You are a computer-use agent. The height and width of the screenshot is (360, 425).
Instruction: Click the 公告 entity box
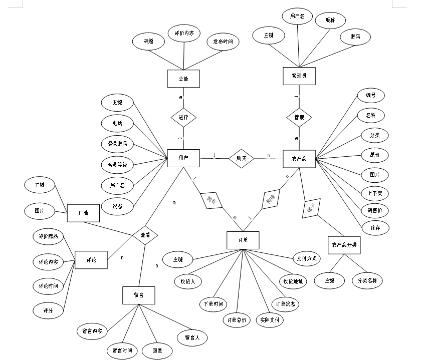tap(183, 79)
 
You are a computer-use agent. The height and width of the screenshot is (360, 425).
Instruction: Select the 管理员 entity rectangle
tap(299, 76)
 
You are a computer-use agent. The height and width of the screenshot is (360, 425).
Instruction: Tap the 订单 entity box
tap(243, 240)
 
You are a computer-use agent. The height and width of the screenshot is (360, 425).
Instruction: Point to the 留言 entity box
tap(139, 294)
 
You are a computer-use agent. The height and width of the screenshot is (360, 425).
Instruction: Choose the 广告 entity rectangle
tap(83, 213)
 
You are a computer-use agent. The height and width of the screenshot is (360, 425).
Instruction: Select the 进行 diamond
tap(183, 118)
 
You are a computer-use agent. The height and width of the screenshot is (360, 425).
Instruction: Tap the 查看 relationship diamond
tap(145, 234)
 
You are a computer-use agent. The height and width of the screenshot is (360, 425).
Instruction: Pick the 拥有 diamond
tap(211, 200)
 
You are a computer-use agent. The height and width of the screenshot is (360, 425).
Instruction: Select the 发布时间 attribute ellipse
tap(223, 42)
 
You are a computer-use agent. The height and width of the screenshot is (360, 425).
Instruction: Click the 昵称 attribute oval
tap(330, 20)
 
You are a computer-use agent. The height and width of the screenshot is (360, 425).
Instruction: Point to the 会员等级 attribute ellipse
tap(117, 164)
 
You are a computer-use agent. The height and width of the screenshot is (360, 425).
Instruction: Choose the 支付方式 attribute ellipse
tap(307, 258)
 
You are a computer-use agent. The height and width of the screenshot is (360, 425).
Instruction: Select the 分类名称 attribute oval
tap(370, 280)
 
